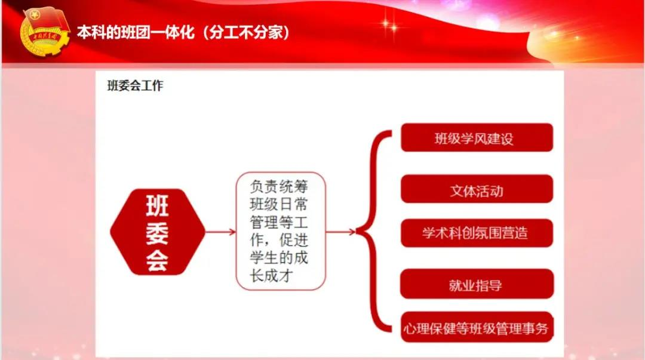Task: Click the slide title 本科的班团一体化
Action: (136, 32)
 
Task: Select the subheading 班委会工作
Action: (136, 85)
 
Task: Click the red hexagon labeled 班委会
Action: (158, 232)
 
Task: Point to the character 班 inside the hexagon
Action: (158, 206)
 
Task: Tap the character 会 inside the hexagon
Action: (158, 260)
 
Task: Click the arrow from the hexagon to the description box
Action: (220, 232)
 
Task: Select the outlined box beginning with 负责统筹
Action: (281, 231)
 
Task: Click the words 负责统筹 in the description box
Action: (279, 186)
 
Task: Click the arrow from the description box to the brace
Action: (340, 232)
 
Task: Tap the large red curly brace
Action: (373, 232)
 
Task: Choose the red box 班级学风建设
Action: (477, 137)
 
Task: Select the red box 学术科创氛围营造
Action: (477, 233)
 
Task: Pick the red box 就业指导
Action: (477, 284)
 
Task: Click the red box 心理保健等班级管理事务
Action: (477, 327)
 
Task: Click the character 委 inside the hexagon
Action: (158, 233)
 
